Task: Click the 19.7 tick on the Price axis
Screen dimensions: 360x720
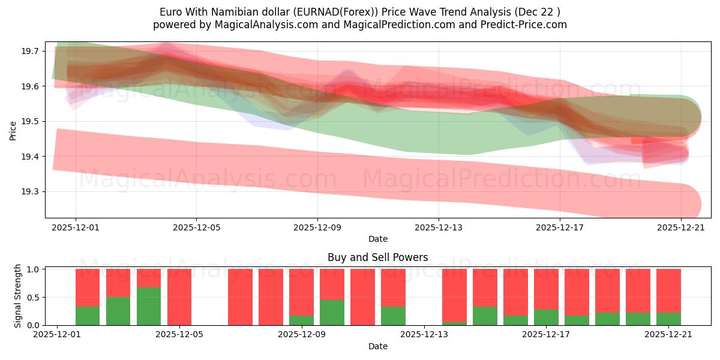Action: pyautogui.click(x=30, y=52)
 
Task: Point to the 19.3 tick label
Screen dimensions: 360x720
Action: pyautogui.click(x=30, y=192)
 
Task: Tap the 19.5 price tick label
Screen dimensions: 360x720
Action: pyautogui.click(x=30, y=122)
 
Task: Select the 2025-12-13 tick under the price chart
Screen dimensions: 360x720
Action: pyautogui.click(x=438, y=227)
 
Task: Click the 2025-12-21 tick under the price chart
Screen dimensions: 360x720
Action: pyautogui.click(x=680, y=227)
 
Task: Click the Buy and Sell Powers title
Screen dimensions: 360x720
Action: pyautogui.click(x=377, y=257)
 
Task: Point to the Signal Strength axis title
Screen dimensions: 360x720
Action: pyautogui.click(x=18, y=295)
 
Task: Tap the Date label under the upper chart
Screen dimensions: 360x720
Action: pyautogui.click(x=377, y=239)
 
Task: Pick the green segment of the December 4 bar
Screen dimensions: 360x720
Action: pyautogui.click(x=149, y=306)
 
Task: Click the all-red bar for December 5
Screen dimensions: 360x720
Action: pyautogui.click(x=179, y=297)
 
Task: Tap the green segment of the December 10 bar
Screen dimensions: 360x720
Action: pyautogui.click(x=332, y=313)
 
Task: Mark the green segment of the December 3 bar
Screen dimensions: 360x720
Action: pyautogui.click(x=118, y=311)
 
